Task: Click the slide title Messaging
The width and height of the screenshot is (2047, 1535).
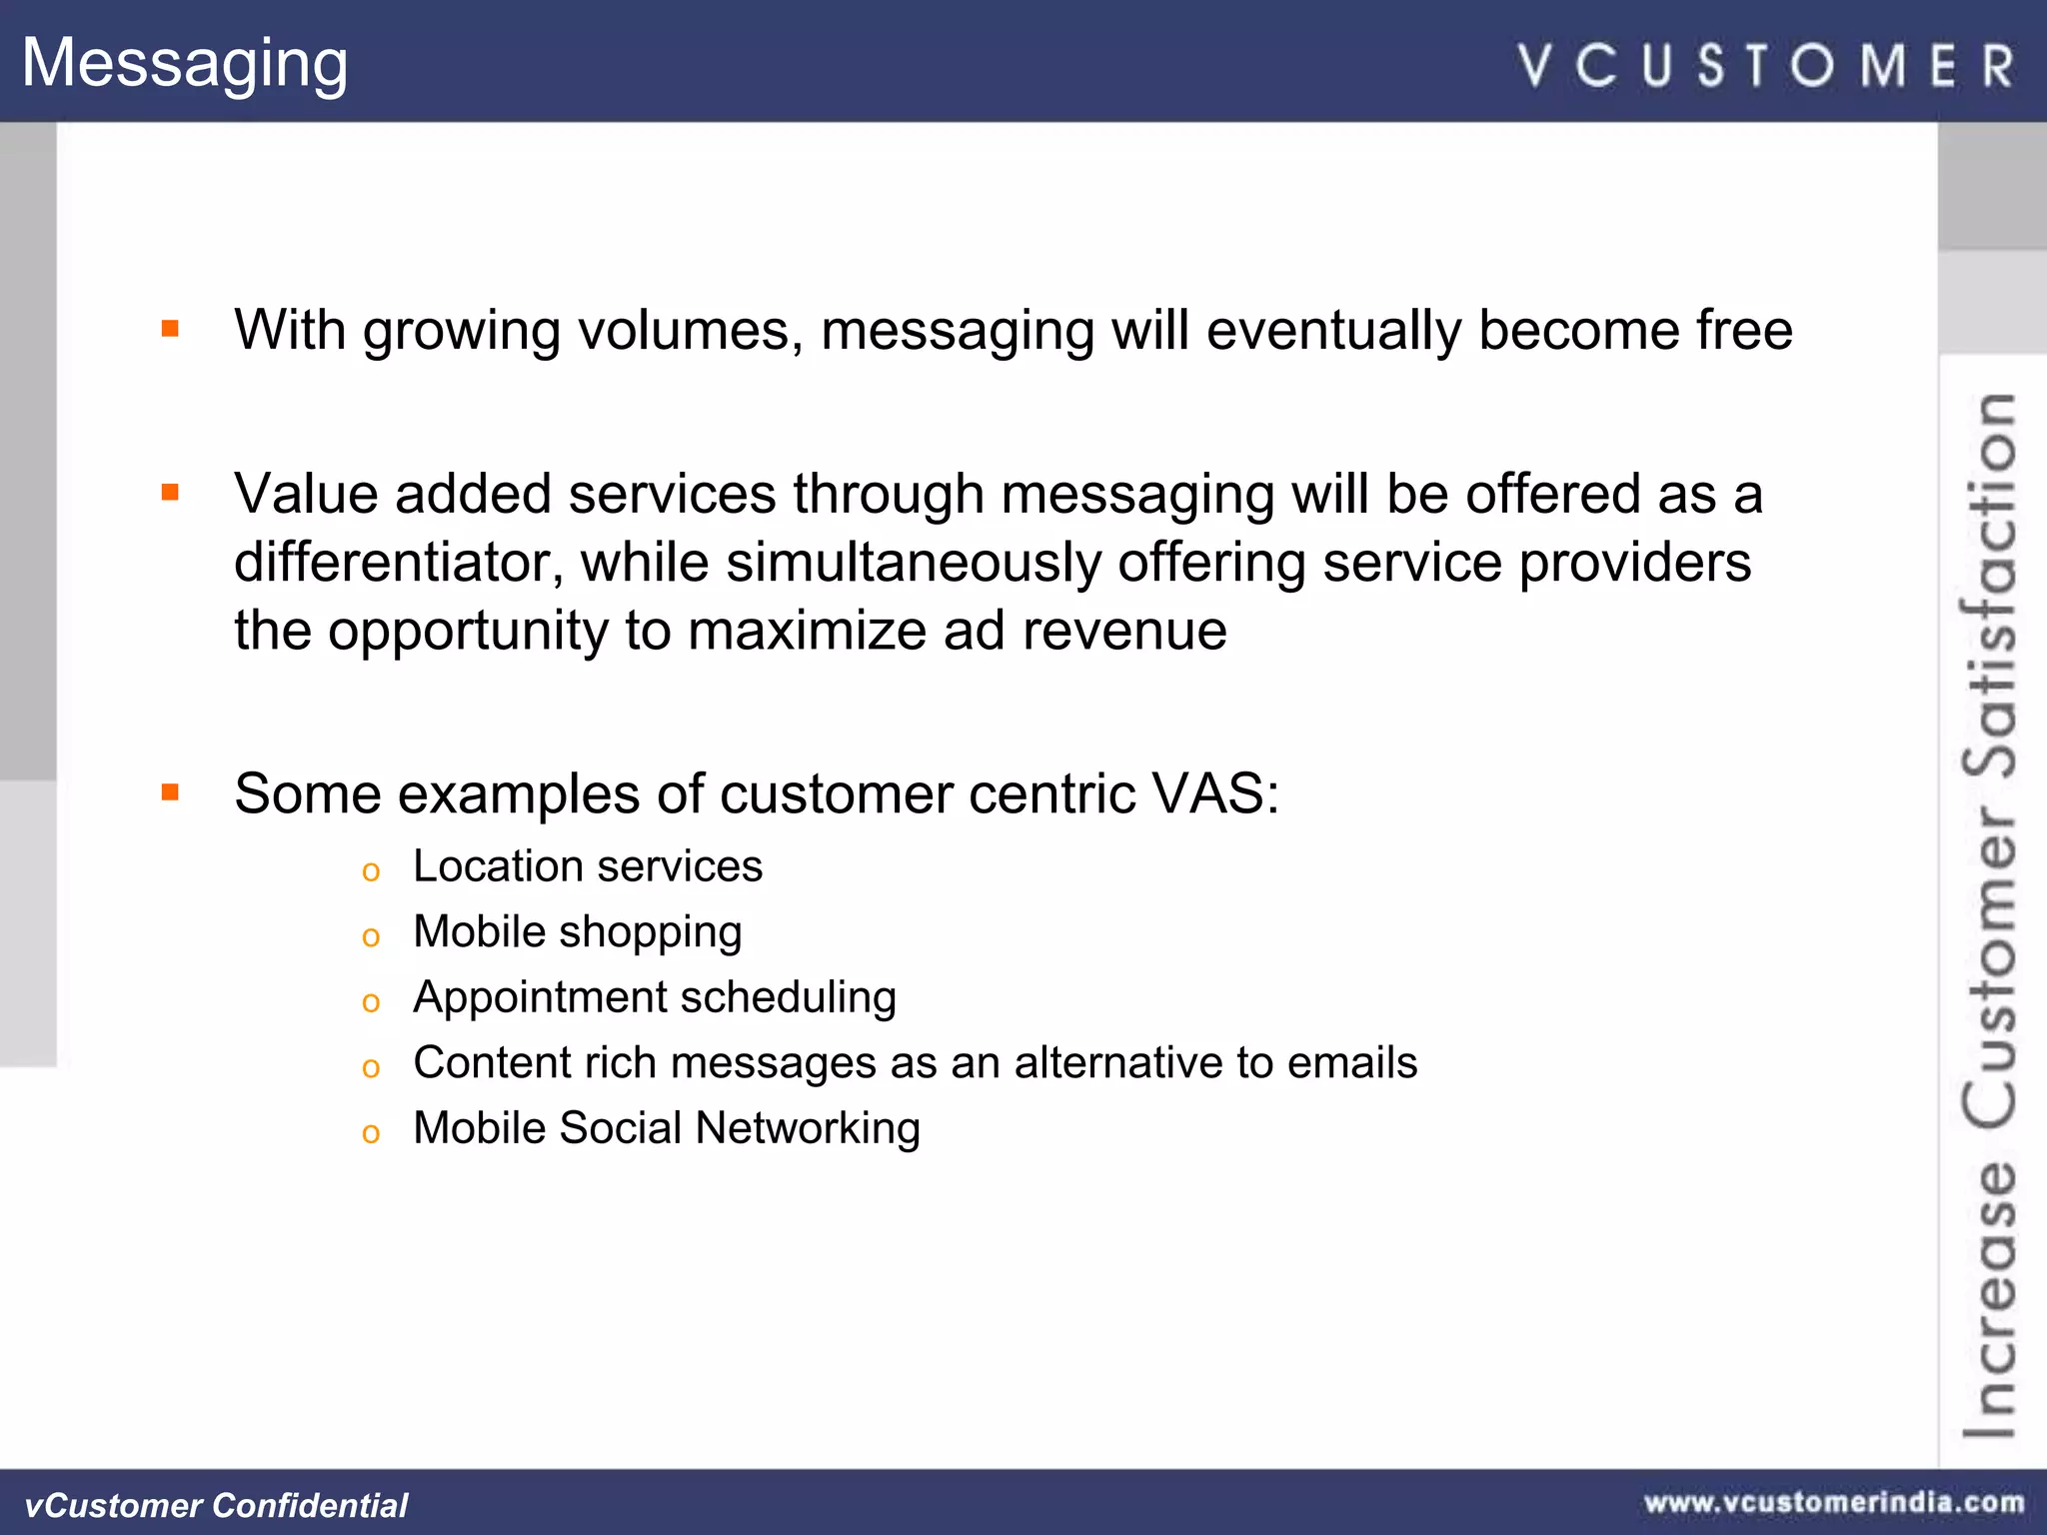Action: tap(185, 63)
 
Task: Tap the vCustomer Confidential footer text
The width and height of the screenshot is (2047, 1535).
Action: tap(216, 1505)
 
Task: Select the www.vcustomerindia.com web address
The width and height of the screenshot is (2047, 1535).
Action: tap(1834, 1502)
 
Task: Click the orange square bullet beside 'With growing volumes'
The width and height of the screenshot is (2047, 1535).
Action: tap(170, 328)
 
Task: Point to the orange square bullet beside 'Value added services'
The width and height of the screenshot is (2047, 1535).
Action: tap(170, 492)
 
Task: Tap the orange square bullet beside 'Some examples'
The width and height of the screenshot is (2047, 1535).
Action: tap(170, 792)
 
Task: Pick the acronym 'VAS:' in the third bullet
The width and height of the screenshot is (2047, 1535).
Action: tap(1215, 794)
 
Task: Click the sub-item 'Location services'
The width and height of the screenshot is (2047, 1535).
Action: tap(588, 866)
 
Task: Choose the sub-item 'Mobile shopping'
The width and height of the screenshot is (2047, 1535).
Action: tap(578, 932)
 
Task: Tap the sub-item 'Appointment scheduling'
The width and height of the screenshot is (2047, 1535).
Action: tap(655, 997)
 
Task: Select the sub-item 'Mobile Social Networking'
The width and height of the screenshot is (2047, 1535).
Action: tap(667, 1128)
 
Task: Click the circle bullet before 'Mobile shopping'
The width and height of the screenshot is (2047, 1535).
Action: tap(371, 937)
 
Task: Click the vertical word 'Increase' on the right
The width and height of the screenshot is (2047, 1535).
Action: tap(1989, 1299)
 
